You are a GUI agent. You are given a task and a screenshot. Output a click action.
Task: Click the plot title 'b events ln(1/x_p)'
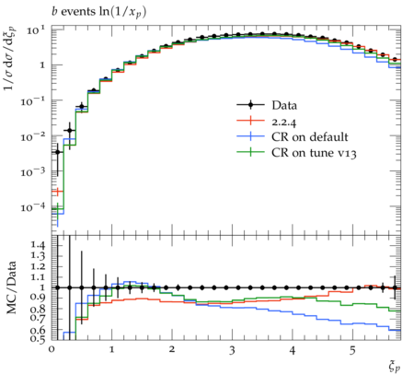click(98, 13)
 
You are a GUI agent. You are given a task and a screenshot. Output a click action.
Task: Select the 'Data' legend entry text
click(284, 105)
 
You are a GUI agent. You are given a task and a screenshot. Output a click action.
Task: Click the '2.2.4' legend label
click(284, 123)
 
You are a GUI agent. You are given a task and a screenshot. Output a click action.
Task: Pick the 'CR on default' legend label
click(310, 137)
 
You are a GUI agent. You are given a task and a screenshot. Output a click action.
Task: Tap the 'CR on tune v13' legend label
click(314, 153)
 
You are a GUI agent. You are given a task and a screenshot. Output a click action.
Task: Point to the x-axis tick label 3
click(232, 350)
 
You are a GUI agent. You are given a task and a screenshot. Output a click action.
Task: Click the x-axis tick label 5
click(352, 350)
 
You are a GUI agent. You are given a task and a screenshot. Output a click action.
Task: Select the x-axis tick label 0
click(52, 350)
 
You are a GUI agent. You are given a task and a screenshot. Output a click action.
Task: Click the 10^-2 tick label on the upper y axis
click(33, 135)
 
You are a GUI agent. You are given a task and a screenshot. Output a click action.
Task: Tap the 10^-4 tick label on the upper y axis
click(33, 206)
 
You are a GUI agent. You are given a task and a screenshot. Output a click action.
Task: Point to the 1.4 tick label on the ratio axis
click(38, 245)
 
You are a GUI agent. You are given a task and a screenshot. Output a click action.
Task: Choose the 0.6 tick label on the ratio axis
click(38, 330)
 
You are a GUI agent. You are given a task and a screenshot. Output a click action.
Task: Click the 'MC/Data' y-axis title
click(12, 287)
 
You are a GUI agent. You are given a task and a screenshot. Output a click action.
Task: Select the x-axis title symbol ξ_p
click(394, 366)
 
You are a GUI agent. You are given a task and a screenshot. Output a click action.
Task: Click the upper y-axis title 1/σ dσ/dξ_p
click(10, 58)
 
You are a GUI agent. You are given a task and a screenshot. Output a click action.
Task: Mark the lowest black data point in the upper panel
click(57, 152)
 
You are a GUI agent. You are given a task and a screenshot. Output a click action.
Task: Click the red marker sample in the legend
click(250, 121)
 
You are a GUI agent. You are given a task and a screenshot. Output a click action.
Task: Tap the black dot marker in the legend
click(250, 105)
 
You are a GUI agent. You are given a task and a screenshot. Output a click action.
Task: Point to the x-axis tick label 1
click(111, 350)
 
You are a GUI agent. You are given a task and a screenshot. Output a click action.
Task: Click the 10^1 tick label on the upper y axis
click(36, 30)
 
